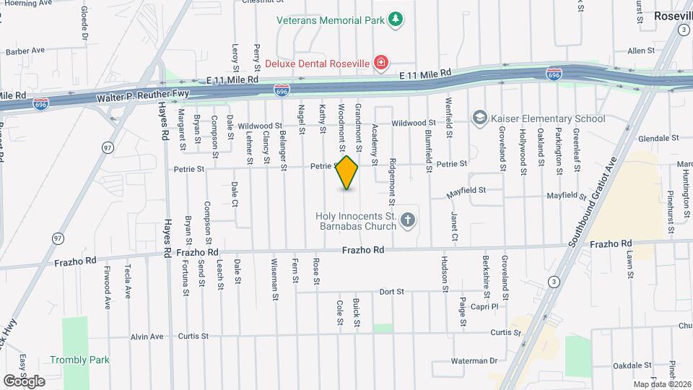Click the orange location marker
[347, 173]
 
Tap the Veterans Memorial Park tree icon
[395, 19]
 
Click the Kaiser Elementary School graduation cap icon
[479, 118]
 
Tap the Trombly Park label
[79, 360]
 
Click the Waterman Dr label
[474, 360]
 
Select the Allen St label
[640, 51]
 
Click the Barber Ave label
[25, 51]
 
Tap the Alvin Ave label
[147, 336]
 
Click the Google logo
[24, 381]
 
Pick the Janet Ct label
[454, 226]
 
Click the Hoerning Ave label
[27, 3]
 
